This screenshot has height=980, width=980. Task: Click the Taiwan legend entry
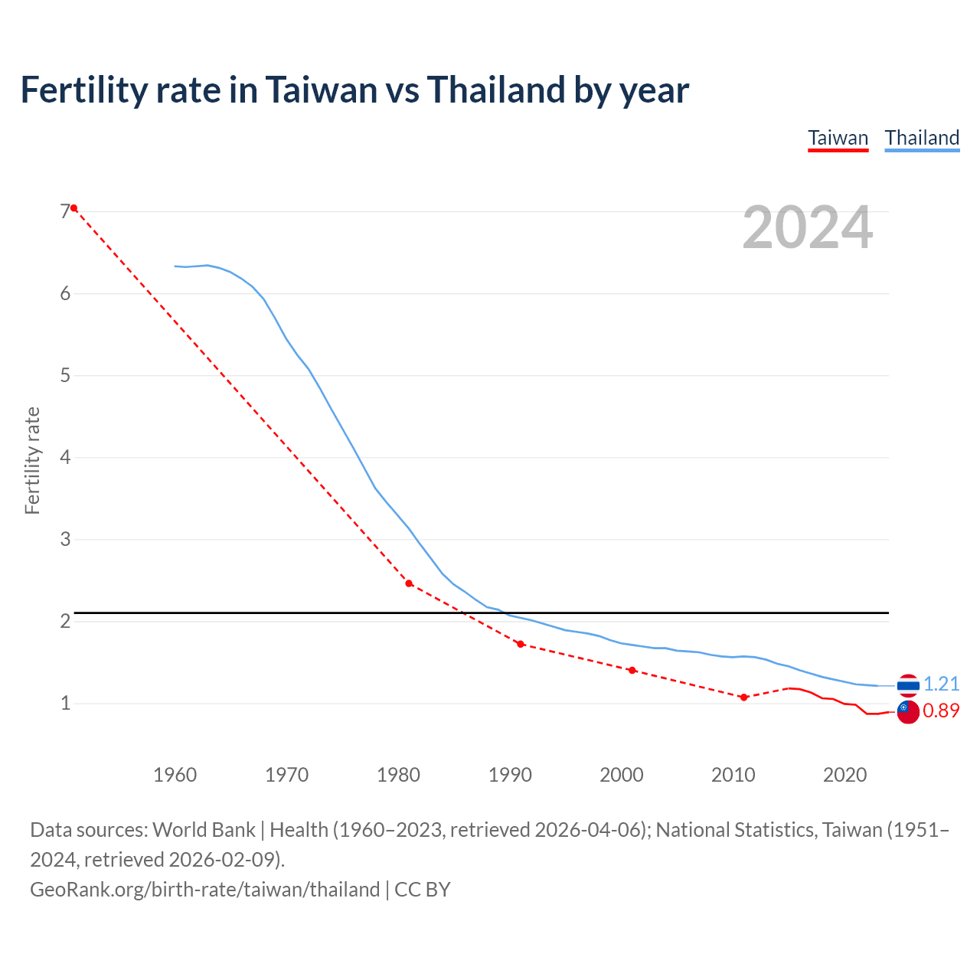point(838,138)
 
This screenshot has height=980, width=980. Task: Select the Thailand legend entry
point(922,138)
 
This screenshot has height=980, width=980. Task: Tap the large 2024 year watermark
point(807,227)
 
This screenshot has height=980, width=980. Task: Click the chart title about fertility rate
point(354,90)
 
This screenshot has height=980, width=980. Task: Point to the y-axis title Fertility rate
point(32,461)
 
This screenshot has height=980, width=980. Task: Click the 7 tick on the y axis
point(65,212)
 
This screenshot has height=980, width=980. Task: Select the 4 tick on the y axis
point(65,458)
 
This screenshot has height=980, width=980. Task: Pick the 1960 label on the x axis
point(175,775)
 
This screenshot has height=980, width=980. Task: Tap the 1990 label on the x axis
point(510,775)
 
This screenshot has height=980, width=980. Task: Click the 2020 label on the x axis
point(844,775)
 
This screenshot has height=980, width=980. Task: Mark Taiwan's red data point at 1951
point(74,208)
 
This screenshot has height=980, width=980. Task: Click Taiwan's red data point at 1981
point(409,583)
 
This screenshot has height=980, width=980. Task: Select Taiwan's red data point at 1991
point(521,644)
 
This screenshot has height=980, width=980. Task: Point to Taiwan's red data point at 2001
point(632,670)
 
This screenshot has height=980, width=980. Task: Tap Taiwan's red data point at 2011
point(743,697)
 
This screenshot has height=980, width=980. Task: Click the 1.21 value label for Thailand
point(941,684)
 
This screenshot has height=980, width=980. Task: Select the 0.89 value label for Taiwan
point(941,710)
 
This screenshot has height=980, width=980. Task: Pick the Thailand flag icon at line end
point(908,685)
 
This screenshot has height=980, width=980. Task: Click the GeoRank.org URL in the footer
point(204,890)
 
